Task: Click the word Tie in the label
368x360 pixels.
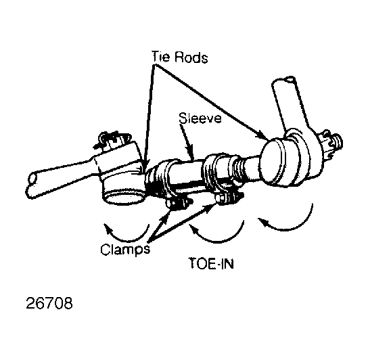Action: pyautogui.click(x=160, y=57)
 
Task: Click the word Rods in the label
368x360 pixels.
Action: pyautogui.click(x=191, y=57)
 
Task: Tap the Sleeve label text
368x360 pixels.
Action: pyautogui.click(x=200, y=118)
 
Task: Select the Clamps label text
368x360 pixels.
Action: pyautogui.click(x=125, y=250)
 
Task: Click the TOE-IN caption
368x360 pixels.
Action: pyautogui.click(x=211, y=263)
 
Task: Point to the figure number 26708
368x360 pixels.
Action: pyautogui.click(x=49, y=303)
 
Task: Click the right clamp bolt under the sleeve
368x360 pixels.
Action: pyautogui.click(x=229, y=196)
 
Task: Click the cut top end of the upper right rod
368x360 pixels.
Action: pyautogui.click(x=283, y=81)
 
